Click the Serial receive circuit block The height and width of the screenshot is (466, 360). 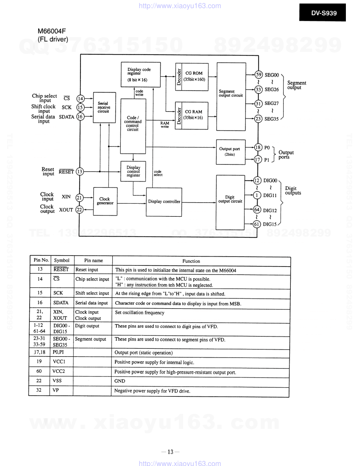click(x=104, y=107)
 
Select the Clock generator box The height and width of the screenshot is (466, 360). click(x=105, y=201)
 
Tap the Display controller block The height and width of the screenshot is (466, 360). click(x=164, y=201)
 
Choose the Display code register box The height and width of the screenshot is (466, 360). click(x=140, y=74)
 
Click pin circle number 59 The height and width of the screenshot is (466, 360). click(x=259, y=74)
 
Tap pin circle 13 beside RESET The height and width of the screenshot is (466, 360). click(x=80, y=172)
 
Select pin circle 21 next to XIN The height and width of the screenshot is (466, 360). click(x=79, y=198)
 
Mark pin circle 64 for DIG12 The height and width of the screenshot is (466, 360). click(x=257, y=210)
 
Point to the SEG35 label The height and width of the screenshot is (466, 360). click(x=271, y=119)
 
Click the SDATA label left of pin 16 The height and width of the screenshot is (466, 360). click(x=66, y=117)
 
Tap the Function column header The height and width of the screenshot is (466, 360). click(x=191, y=261)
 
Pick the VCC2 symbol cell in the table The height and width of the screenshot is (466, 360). click(x=59, y=371)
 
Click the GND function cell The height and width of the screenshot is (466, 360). click(x=120, y=381)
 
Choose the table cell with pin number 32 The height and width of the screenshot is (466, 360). click(x=39, y=390)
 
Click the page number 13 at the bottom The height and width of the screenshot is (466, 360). click(x=170, y=452)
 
